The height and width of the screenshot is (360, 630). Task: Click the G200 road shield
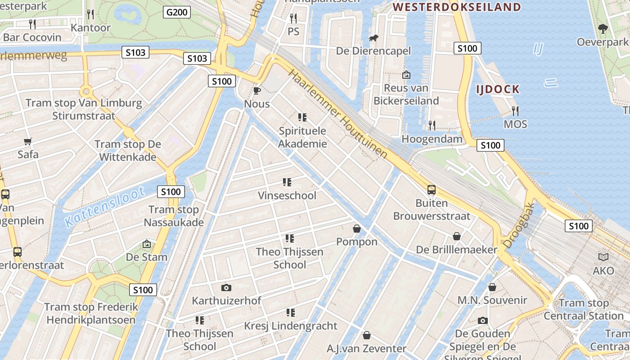[x=177, y=12]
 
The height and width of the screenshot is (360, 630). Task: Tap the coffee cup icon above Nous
[x=256, y=91]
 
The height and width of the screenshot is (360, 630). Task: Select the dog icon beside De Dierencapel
[x=373, y=38]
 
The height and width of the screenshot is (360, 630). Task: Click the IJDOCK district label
[x=498, y=89]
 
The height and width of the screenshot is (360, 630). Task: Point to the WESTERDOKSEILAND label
[x=457, y=7]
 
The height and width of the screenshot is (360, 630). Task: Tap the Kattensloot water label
[x=104, y=207]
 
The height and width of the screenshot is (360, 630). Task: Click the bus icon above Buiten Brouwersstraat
[x=432, y=190]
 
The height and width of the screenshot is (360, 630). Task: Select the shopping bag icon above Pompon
[x=357, y=229]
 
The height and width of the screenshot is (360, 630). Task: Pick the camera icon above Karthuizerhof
[x=226, y=288]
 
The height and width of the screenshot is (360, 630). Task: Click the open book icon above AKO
[x=603, y=257]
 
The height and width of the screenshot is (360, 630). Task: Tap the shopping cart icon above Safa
[x=28, y=141]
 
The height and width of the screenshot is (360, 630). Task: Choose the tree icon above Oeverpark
[x=603, y=29]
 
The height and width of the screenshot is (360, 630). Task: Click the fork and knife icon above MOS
[x=515, y=111]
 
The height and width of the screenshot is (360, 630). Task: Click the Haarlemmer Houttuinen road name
[x=337, y=114]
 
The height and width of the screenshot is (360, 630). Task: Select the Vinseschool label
[x=287, y=196]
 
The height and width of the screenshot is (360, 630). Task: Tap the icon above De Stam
[x=146, y=244]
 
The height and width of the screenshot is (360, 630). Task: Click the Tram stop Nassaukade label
[x=174, y=216]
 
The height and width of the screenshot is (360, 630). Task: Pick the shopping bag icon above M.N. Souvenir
[x=492, y=287]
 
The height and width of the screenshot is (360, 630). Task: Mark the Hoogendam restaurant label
[x=432, y=139]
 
